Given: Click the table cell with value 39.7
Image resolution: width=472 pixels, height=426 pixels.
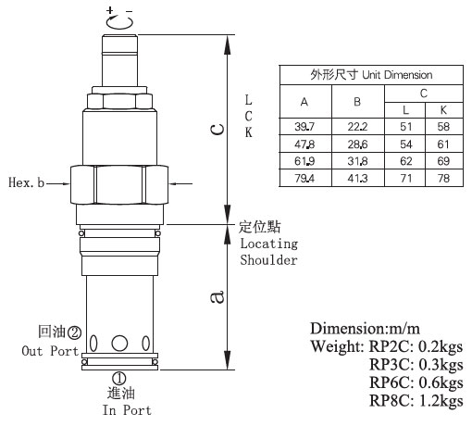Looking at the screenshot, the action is click(x=305, y=127).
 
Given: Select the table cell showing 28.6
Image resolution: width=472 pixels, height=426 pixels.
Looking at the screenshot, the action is click(x=358, y=144).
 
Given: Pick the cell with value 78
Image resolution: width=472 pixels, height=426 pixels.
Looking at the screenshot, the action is click(x=443, y=178).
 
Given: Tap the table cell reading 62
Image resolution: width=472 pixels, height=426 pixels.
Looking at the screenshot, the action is click(x=405, y=161).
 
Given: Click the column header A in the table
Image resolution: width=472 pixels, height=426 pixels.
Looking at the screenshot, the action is click(x=305, y=102).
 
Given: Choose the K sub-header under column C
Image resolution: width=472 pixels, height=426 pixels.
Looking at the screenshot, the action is click(x=443, y=110).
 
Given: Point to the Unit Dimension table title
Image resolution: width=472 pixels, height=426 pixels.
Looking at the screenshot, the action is click(x=371, y=75).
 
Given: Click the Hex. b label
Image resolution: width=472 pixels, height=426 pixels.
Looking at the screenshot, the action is click(x=27, y=182).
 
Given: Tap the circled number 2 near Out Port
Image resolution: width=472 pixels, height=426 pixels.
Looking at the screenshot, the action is click(x=74, y=332).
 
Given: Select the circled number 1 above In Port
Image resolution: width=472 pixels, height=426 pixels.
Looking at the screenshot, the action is click(x=118, y=379).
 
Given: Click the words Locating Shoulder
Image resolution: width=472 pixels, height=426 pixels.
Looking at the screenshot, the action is click(x=269, y=252).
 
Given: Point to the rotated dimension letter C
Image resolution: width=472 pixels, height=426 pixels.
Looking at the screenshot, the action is click(x=217, y=130).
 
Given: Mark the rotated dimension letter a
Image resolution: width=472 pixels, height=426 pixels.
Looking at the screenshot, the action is click(x=217, y=297).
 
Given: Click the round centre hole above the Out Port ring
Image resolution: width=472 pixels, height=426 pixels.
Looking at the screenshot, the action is click(x=119, y=344).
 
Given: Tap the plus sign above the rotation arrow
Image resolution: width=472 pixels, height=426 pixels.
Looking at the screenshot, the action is click(x=110, y=10).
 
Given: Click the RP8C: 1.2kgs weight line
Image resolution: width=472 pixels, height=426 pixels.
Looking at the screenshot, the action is click(x=416, y=401).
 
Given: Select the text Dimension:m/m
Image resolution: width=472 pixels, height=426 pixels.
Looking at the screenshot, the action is click(x=365, y=329).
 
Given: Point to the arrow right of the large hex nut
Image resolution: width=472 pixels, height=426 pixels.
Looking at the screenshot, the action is click(x=180, y=183).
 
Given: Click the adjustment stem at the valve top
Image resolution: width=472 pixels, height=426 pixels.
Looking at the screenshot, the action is click(x=119, y=60).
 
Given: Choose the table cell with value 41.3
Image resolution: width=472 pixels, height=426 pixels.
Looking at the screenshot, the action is click(x=358, y=178).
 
